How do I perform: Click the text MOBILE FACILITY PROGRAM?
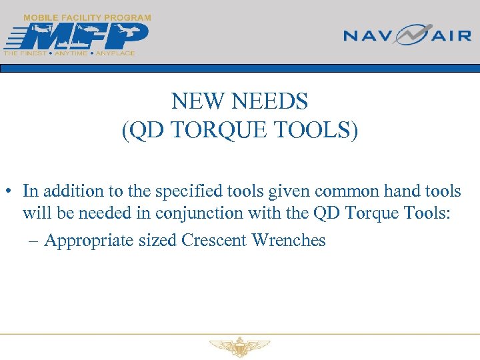[87, 17]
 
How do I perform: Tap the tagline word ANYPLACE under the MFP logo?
[115, 53]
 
